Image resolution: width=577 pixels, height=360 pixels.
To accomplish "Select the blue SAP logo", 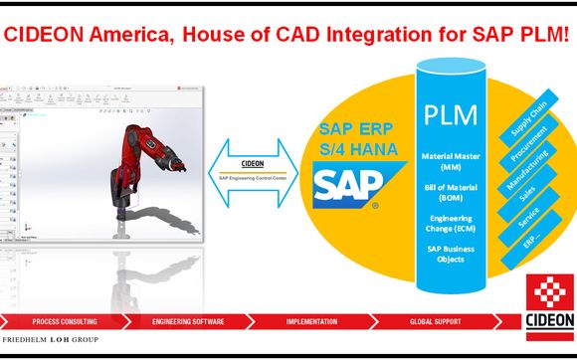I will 344,185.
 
